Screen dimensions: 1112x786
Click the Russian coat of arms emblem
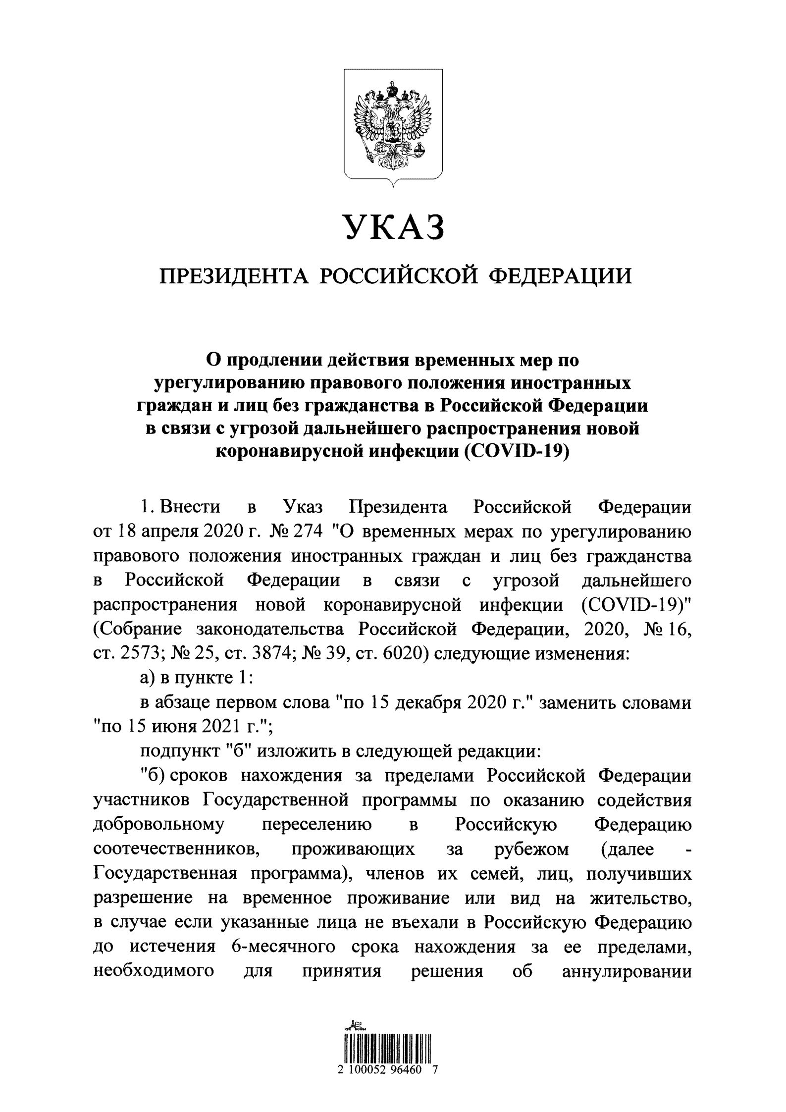click(393, 124)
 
